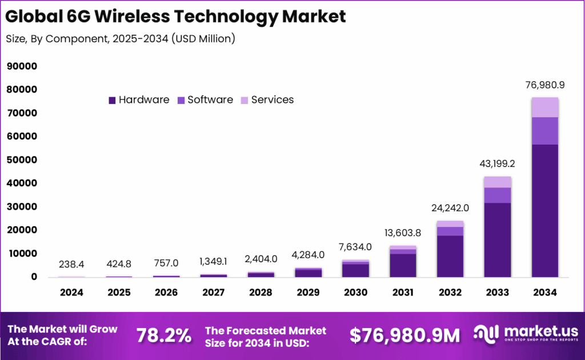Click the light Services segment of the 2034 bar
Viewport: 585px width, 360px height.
click(x=544, y=107)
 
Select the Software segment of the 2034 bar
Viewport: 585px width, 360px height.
click(x=544, y=131)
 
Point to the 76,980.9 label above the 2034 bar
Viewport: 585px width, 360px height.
click(x=544, y=85)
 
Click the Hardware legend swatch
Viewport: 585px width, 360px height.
click(x=112, y=100)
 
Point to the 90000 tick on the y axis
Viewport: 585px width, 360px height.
click(x=22, y=66)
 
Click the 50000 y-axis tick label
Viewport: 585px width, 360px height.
click(x=22, y=160)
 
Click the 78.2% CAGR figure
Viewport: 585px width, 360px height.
click(x=163, y=336)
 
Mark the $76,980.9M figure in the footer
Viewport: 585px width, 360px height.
click(x=404, y=336)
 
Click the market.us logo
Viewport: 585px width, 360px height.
click(x=525, y=335)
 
